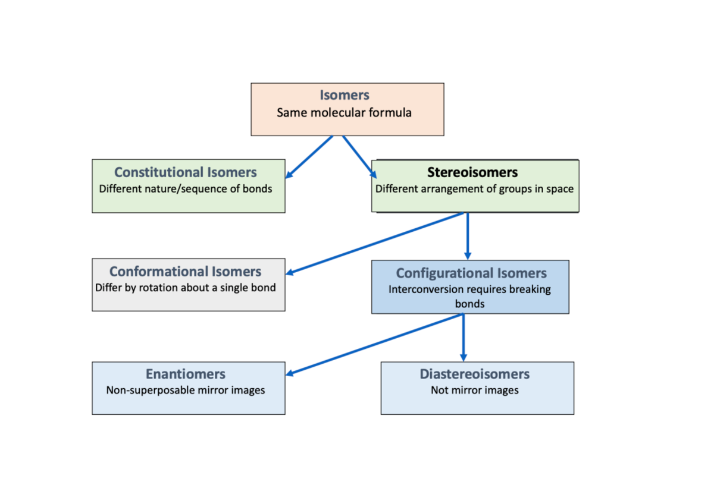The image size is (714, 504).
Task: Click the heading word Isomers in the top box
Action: [345, 95]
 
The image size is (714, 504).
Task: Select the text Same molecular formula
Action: [344, 112]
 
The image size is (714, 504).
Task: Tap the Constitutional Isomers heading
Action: [186, 172]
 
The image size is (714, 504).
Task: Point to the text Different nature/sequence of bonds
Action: [186, 189]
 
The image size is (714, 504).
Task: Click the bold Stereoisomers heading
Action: [472, 172]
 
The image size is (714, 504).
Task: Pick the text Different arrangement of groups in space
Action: [474, 189]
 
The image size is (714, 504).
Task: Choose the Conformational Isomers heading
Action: [185, 272]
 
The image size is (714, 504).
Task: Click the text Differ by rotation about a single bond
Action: [186, 288]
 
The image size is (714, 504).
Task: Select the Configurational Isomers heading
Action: [471, 273]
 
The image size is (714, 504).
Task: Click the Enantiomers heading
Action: [186, 374]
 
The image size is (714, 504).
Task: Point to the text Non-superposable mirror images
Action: [186, 390]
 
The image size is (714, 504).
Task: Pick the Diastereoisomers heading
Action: [474, 374]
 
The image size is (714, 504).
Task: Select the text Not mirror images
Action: [474, 390]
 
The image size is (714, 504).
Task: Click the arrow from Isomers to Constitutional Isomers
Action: [309, 157]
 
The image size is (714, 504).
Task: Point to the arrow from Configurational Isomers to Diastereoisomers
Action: [463, 338]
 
